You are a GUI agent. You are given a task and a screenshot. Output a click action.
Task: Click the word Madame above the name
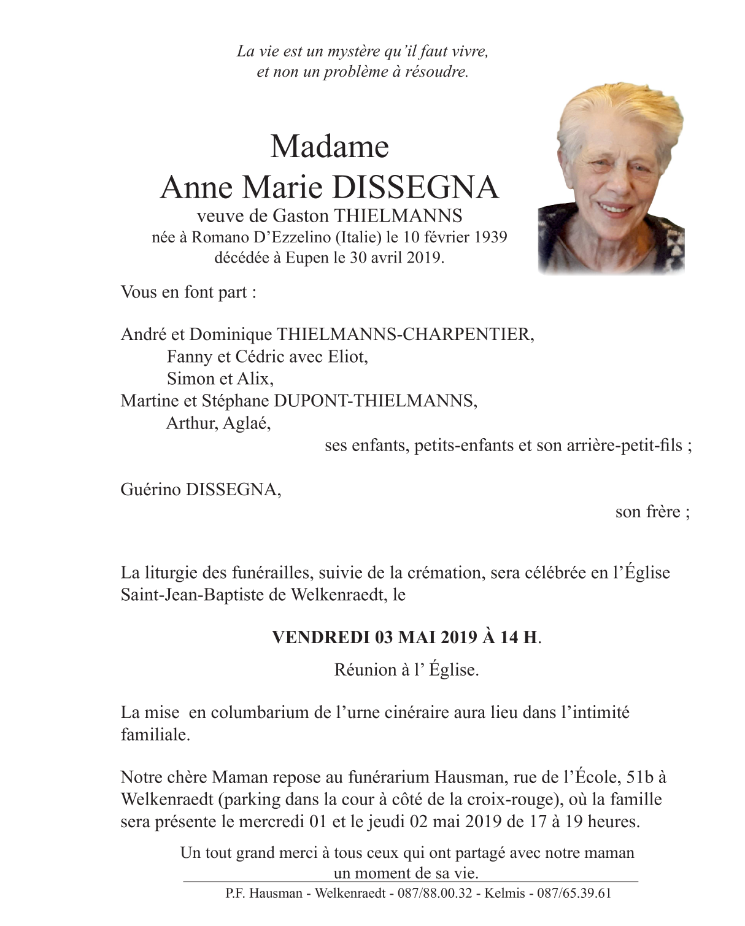[x=330, y=147]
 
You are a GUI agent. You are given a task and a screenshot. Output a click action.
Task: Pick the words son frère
[x=651, y=512]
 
